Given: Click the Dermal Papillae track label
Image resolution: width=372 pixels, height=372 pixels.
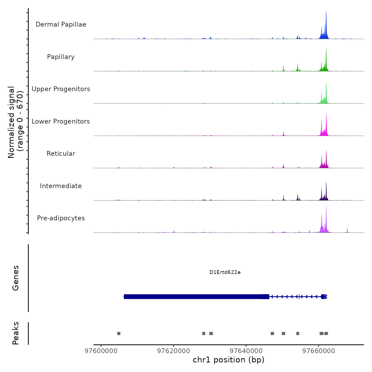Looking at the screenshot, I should click(61, 24).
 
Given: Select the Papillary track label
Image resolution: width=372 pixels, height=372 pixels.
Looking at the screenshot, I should click(61, 57).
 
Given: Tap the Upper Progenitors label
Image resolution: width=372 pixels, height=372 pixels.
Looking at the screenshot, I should click(61, 89).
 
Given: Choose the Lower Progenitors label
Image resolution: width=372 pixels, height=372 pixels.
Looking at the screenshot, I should click(61, 121).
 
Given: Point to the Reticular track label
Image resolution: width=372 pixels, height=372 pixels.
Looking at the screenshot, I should click(61, 154).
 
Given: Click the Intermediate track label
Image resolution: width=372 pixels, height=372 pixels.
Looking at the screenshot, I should click(61, 186).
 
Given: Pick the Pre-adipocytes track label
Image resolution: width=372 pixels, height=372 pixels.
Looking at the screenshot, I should click(61, 218).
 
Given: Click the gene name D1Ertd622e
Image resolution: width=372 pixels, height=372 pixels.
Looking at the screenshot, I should click(225, 272).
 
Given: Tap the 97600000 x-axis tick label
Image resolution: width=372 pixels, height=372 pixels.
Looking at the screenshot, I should click(101, 351).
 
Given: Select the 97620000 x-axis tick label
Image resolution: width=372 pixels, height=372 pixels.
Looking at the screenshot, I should click(174, 351).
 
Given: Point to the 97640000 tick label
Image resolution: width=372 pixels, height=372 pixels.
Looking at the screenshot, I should click(246, 351).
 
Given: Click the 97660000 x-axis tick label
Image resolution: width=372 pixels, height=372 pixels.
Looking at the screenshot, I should click(319, 351).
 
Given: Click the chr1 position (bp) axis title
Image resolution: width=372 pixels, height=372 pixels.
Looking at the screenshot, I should click(229, 360).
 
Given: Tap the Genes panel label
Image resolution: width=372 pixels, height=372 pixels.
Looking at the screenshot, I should click(15, 278).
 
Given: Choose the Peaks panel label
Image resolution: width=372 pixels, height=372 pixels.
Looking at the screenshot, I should click(15, 333).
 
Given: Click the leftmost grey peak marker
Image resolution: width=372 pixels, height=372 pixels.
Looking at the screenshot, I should click(119, 333).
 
